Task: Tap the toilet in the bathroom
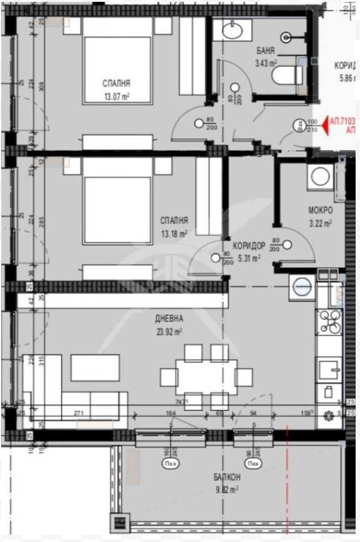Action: pyautogui.click(x=289, y=76)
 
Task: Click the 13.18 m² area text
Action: pyautogui.click(x=174, y=234)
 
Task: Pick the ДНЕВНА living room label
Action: pyautogui.click(x=170, y=318)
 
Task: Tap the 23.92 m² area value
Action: pyautogui.click(x=169, y=332)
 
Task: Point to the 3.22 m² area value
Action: pyautogui.click(x=320, y=222)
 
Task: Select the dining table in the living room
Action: pyautogui.click(x=206, y=377)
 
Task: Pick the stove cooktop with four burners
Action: pyautogui.click(x=329, y=322)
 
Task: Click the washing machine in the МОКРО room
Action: pyautogui.click(x=320, y=177)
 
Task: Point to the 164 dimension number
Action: pyautogui.click(x=170, y=413)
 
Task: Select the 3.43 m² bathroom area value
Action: pyautogui.click(x=266, y=62)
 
